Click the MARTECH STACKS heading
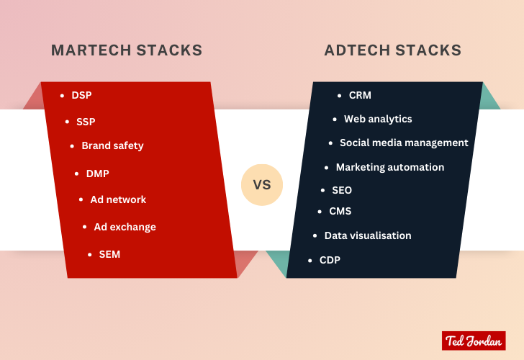point(126,50)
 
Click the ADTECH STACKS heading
point(393,50)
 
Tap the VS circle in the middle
point(262,185)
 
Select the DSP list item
point(81,95)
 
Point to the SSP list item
point(86,122)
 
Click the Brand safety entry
point(112,145)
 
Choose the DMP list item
point(97,174)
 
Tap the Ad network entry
point(118,199)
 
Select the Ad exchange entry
point(125,227)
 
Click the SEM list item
point(109,254)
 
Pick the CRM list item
point(360,95)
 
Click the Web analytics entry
point(378,119)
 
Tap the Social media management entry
point(404,143)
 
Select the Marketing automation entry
point(389,167)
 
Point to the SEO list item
point(341,190)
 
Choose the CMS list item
point(340,212)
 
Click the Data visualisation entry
point(368,235)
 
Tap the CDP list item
point(330,260)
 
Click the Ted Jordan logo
point(473,341)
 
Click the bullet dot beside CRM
point(340,95)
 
